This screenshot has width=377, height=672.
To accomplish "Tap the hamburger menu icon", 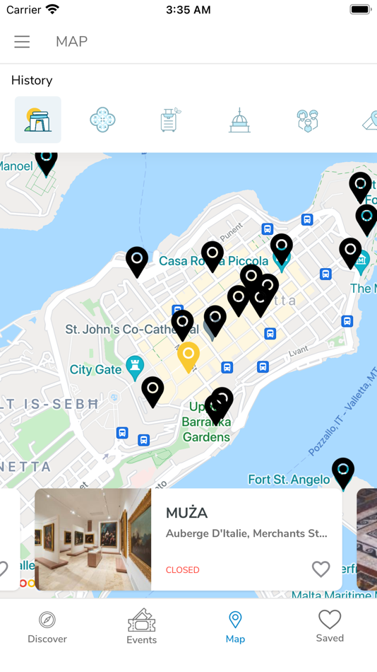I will pos(22,42).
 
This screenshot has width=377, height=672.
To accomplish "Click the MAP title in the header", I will pos(71,42).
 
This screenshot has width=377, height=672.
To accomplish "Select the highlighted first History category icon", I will pos(37,120).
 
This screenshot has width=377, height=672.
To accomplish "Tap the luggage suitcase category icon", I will pos(169,120).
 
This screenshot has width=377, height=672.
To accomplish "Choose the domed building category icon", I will pos(239,120).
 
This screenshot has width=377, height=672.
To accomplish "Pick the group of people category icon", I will pos(307,120).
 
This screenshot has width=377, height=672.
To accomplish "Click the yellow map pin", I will pos(188,355).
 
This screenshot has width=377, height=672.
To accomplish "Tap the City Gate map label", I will pos(95,369).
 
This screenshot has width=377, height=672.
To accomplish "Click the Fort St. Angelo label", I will pos(289,480).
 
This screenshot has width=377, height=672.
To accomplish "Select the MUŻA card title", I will pos(186,513).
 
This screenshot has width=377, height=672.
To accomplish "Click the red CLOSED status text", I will pos(182,570).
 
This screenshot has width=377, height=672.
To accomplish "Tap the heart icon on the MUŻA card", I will pos(321,569).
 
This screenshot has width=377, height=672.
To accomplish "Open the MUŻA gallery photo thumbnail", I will pos(92,539).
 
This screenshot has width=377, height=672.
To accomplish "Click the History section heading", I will pos(32,81).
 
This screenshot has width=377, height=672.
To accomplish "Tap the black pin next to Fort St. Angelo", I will pos(343,472).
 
